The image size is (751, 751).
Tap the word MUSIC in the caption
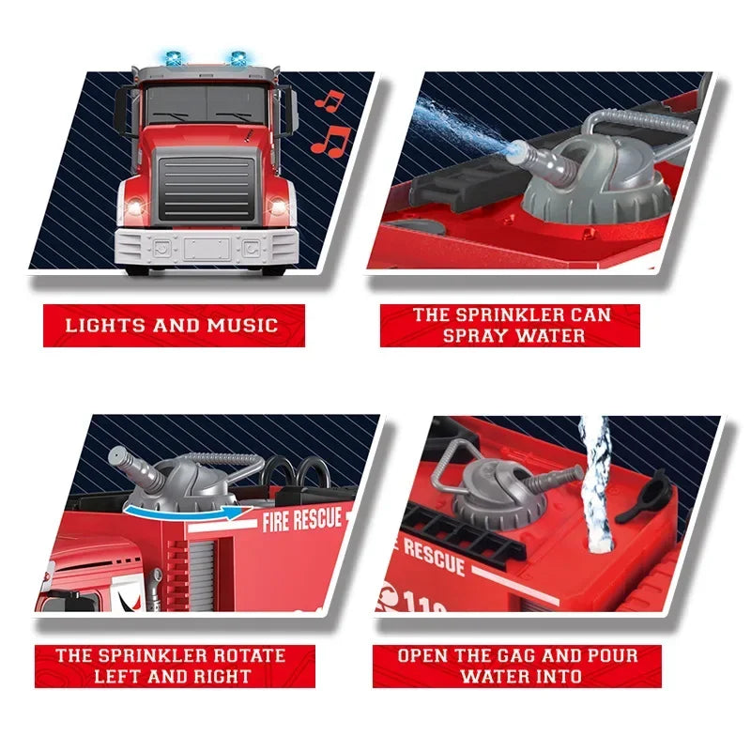point(243,326)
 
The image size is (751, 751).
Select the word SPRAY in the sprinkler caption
point(474,335)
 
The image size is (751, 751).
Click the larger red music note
point(330,140)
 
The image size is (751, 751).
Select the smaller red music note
point(327,100)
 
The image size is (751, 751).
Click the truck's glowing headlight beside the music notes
point(277,206)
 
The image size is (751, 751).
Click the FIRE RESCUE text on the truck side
point(302,518)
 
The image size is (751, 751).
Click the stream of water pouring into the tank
point(595,479)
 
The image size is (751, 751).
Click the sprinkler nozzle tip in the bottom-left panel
point(115,456)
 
